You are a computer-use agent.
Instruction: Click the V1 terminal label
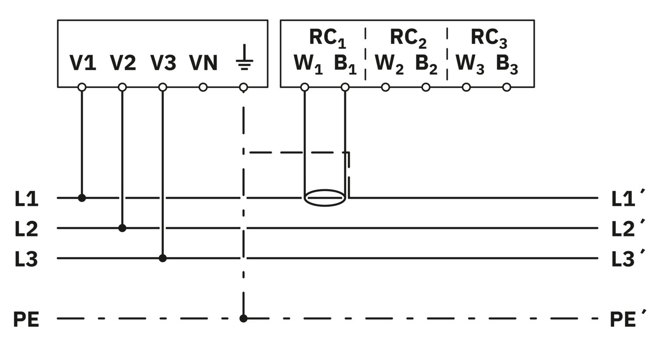pyautogui.click(x=82, y=63)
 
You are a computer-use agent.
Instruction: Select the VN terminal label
pyautogui.click(x=203, y=63)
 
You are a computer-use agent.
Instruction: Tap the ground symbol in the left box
pyautogui.click(x=244, y=57)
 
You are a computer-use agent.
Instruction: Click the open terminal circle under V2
pyautogui.click(x=122, y=87)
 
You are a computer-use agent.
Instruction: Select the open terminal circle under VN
pyautogui.click(x=203, y=87)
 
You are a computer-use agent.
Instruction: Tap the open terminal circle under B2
pyautogui.click(x=426, y=87)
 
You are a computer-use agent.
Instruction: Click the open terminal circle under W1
pyautogui.click(x=304, y=87)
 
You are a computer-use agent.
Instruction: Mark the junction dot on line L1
pyautogui.click(x=82, y=198)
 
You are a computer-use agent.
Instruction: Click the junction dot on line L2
pyautogui.click(x=122, y=228)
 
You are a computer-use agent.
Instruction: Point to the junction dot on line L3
pyautogui.click(x=163, y=258)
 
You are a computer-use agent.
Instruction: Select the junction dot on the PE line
pyautogui.click(x=243, y=318)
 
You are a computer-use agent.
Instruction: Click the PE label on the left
pyautogui.click(x=26, y=320)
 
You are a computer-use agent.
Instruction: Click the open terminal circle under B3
pyautogui.click(x=506, y=87)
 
